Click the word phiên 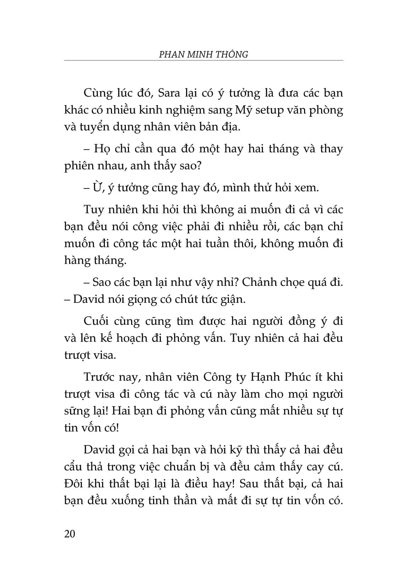point(78,166)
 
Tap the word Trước point(100,377)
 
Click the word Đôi point(73,484)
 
